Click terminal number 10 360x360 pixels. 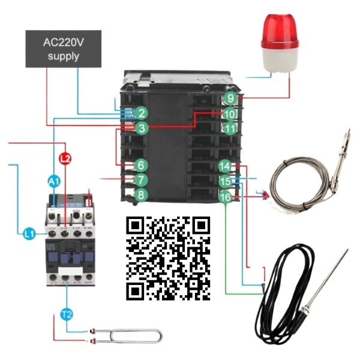coord(230,113)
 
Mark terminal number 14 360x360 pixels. coord(224,166)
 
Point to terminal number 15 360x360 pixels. coord(224,181)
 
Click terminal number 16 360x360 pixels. coord(224,197)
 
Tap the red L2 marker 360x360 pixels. coord(66,159)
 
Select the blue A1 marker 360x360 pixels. coord(53,181)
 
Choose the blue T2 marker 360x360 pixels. coord(67,313)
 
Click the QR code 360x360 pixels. coord(169,258)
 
